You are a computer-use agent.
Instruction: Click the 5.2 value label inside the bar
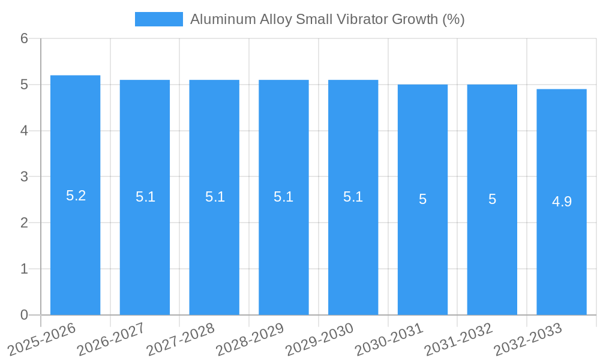[76, 196]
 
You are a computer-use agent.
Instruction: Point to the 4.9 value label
[562, 202]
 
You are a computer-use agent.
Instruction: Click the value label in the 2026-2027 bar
[145, 197]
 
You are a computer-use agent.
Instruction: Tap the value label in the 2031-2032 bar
[492, 199]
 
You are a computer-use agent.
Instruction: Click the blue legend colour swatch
[158, 19]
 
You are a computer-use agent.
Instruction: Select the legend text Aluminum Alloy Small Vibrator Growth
[327, 19]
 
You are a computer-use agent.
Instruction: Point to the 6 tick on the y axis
[24, 38]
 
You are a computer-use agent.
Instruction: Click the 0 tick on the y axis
[24, 315]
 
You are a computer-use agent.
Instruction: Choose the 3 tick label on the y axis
[24, 177]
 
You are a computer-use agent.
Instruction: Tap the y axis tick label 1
[24, 269]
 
